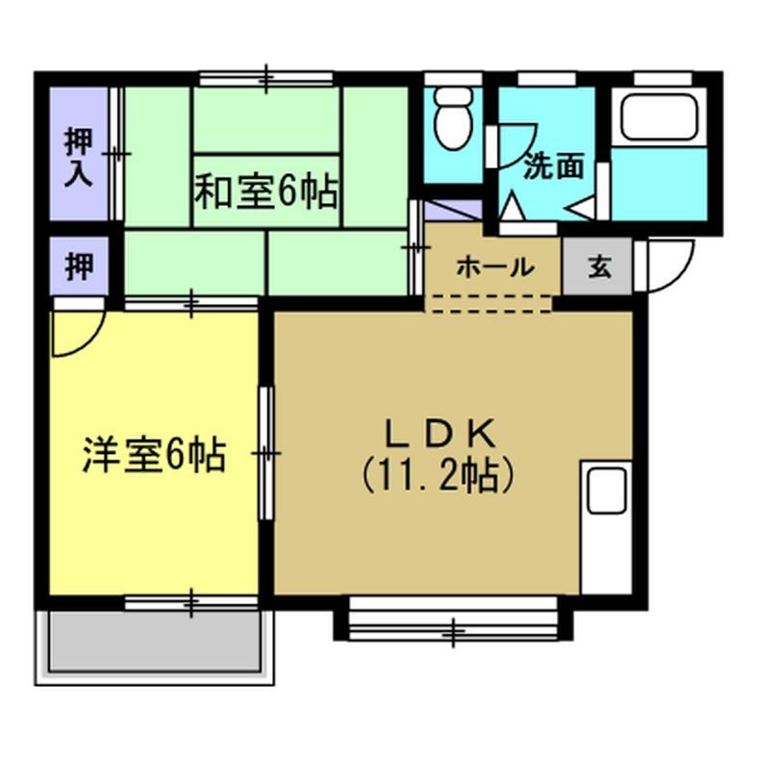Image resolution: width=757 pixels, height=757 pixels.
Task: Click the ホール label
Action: coord(494,267)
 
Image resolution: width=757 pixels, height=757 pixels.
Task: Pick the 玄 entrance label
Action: coord(598,266)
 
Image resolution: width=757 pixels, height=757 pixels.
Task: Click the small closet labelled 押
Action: coord(79,266)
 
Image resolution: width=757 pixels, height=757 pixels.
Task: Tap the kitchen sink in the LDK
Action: coord(606,491)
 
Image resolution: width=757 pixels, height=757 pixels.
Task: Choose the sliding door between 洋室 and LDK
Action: coord(266,452)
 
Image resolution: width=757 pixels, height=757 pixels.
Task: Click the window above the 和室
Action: coord(266,76)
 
